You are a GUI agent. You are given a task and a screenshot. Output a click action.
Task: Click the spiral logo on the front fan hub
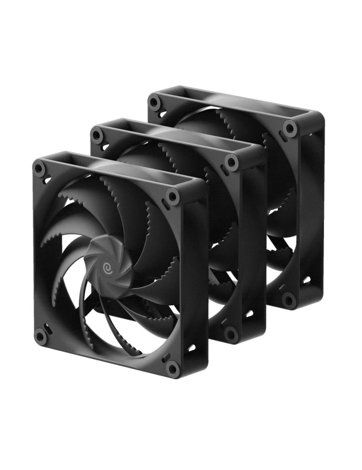point(107,266)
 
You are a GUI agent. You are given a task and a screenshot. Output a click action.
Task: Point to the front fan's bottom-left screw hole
point(40,334)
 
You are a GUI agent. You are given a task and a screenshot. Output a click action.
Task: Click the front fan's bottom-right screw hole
point(173,368)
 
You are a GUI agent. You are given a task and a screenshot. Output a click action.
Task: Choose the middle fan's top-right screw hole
point(231,162)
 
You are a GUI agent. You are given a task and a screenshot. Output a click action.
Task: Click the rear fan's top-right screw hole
point(290,127)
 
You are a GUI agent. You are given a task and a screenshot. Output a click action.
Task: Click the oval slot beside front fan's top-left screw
point(47,179)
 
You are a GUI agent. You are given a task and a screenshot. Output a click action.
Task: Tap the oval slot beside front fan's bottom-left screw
point(47,325)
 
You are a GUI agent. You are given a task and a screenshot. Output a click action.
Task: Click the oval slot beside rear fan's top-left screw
point(162,113)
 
